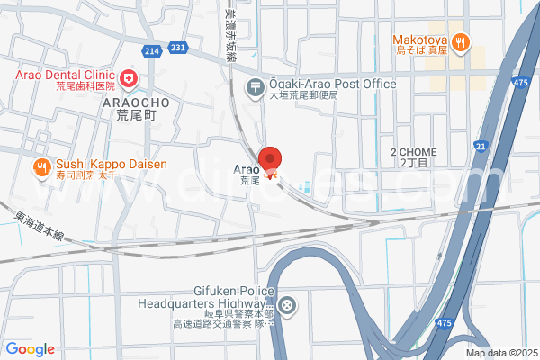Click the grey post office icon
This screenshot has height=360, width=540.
tap(256, 87)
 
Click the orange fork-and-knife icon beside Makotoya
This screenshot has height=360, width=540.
tap(460, 41)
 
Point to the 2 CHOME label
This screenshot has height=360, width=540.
tap(413, 152)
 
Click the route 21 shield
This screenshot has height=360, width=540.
tap(481, 146)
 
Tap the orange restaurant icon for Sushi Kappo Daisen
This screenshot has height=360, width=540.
tap(41, 166)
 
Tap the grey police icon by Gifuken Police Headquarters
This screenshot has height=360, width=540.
tap(286, 306)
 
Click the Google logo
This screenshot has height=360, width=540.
tap(30, 348)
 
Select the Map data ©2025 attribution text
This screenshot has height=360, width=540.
tap(499, 352)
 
